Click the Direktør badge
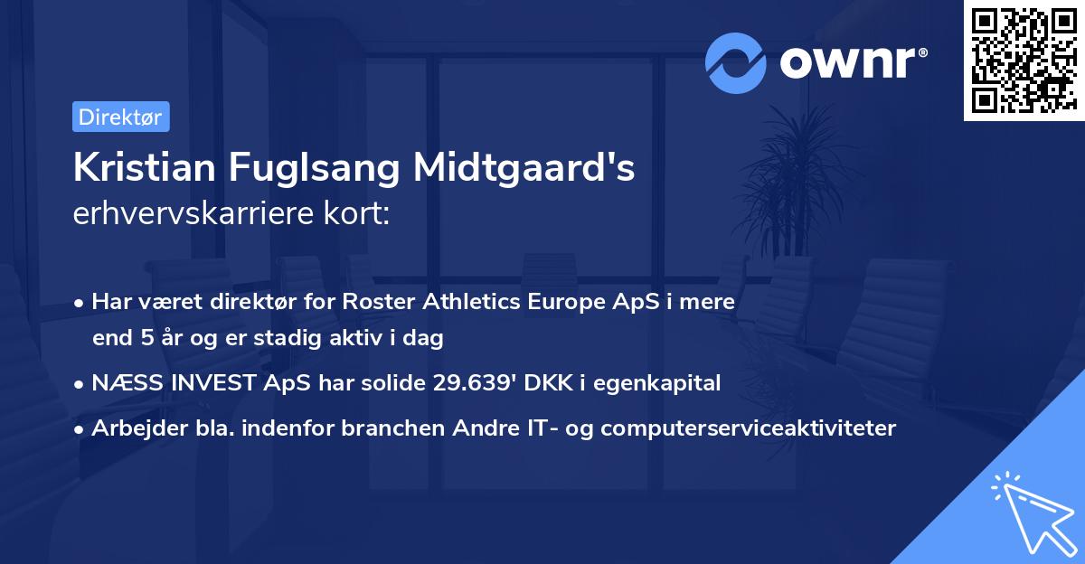[120, 117]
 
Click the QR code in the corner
[1024, 61]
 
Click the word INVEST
[202, 383]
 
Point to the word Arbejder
[132, 428]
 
